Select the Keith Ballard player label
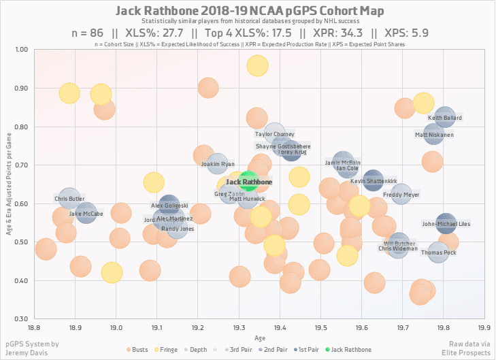coord(445,118)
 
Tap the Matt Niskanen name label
coord(434,135)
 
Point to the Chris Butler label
coord(68,199)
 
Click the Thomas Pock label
coord(439,252)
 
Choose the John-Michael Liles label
coord(446,223)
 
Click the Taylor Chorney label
coord(275,134)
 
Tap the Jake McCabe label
coord(86,214)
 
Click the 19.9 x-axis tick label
coord(484,327)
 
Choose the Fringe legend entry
coord(168,350)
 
